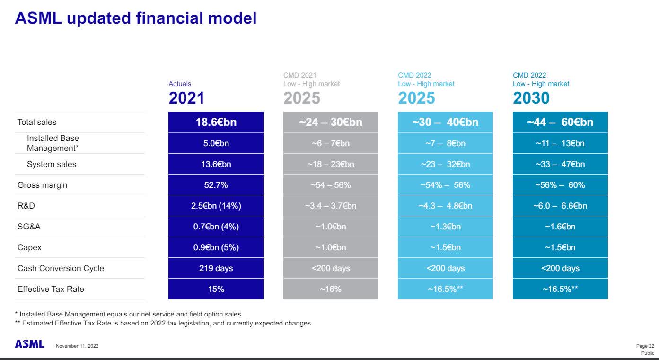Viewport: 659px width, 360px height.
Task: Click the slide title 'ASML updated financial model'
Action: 136,18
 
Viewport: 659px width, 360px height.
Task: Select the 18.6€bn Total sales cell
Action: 216,122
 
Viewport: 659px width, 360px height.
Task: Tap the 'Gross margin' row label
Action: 43,185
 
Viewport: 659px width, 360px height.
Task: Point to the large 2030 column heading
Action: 531,98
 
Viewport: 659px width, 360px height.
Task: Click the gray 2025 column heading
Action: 302,98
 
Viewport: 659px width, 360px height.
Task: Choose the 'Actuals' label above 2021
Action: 180,84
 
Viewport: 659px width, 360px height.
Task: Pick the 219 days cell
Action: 216,268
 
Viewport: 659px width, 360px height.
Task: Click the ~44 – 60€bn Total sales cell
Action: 560,122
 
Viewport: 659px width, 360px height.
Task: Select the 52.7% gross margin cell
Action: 216,185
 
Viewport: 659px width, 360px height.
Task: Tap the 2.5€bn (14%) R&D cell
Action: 216,206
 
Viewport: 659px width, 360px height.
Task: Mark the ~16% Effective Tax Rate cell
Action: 331,289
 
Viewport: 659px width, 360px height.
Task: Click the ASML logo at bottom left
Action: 30,344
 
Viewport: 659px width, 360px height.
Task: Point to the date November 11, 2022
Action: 77,346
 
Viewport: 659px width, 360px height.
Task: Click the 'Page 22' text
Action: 645,346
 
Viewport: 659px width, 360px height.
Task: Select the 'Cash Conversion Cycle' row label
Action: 61,268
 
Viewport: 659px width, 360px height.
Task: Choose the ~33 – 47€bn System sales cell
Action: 560,164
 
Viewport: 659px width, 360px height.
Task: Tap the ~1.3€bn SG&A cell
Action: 445,227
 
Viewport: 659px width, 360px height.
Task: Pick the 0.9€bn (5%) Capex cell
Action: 216,247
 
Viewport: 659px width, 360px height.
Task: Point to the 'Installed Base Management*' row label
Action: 53,143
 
